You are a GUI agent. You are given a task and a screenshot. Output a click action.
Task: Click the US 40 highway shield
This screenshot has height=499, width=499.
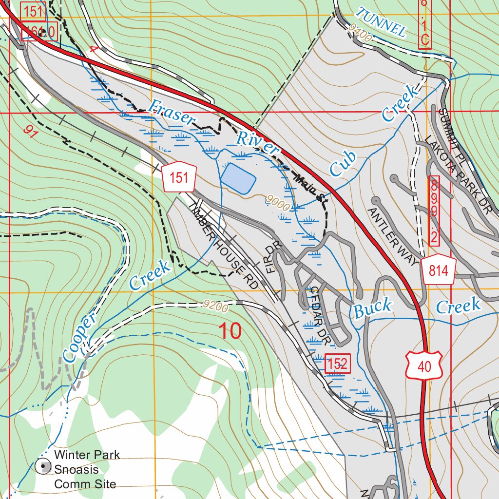424,365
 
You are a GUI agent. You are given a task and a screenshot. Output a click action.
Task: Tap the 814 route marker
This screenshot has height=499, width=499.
439,270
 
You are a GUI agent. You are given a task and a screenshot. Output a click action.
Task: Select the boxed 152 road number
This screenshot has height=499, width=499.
337,364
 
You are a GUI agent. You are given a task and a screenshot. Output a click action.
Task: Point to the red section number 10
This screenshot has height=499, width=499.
230,331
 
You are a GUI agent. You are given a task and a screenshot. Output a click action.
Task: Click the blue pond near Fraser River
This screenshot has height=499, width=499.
238,178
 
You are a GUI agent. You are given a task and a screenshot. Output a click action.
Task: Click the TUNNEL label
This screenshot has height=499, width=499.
381,22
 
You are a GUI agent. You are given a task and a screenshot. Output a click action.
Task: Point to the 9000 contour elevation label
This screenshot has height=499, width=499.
278,203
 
